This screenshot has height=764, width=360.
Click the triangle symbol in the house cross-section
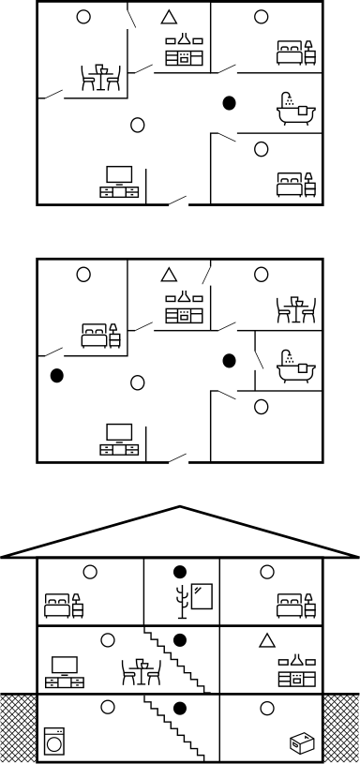267,640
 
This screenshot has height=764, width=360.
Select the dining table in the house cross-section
142,671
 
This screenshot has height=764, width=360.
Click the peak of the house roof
180,508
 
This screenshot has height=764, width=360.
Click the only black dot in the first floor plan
228,102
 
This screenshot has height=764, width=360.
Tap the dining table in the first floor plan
101,77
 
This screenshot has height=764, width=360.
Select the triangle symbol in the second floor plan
169,275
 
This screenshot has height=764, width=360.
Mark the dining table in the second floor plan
295,308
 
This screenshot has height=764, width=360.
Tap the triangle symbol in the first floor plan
169,17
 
